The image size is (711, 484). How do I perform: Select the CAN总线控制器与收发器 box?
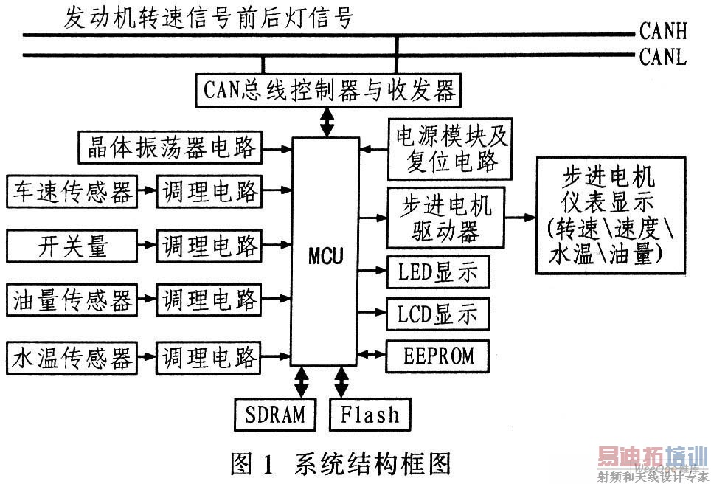[x=329, y=91]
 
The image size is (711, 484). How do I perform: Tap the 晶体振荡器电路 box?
[x=170, y=148]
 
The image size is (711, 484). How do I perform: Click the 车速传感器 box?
[x=72, y=192]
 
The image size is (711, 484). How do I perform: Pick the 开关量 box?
[x=72, y=246]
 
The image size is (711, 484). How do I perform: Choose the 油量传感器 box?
[x=72, y=300]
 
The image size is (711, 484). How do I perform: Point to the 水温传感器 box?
[x=72, y=358]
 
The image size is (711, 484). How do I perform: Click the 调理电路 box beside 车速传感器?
[x=209, y=192]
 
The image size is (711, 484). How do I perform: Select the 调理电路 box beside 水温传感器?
[x=209, y=358]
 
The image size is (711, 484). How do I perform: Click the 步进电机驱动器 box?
[x=445, y=218]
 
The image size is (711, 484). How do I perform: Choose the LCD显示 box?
[x=432, y=314]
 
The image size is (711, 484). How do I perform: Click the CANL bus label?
[x=663, y=57]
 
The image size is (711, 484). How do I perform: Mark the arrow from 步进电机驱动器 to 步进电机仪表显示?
[x=520, y=218]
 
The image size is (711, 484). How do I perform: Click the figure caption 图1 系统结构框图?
[x=340, y=463]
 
